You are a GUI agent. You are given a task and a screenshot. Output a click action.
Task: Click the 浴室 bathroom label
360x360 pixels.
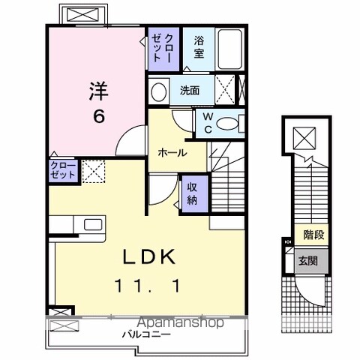tap(199, 47)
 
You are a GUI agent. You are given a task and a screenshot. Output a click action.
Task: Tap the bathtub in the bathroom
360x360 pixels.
tap(230, 49)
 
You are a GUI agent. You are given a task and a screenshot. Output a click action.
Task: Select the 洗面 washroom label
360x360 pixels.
tap(190, 91)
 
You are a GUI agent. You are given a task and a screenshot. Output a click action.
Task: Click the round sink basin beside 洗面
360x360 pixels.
tap(159, 91)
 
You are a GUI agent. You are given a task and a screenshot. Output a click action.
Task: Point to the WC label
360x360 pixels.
tap(208, 123)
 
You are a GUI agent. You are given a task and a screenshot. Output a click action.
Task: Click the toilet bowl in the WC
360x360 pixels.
tap(227, 124)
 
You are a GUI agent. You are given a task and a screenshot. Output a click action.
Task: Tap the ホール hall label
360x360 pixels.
tap(172, 152)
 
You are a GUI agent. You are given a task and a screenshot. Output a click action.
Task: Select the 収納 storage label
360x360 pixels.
tap(192, 194)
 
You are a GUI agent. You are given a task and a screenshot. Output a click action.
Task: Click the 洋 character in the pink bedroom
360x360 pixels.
tap(99, 91)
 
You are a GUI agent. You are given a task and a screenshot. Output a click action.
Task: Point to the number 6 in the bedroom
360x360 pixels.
tap(99, 116)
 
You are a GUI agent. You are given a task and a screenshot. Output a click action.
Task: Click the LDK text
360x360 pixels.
tap(149, 257)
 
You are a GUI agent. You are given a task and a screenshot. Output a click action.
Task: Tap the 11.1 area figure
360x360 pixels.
tap(148, 286)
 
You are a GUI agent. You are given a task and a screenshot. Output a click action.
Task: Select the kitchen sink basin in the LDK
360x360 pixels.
tap(93, 224)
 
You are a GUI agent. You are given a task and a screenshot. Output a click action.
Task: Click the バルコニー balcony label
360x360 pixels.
tap(146, 334)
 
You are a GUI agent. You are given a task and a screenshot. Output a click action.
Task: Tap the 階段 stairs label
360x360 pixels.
tap(314, 235)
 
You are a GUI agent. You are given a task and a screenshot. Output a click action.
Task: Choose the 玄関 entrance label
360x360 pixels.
tap(308, 261)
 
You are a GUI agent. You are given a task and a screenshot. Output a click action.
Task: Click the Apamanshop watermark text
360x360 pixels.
tap(181, 322)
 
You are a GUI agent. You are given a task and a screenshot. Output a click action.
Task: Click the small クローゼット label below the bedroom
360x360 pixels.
tap(63, 170)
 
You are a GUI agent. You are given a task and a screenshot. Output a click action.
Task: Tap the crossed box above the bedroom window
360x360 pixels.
tap(83, 15)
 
